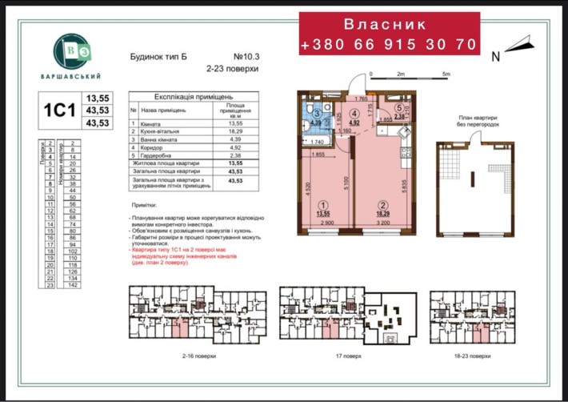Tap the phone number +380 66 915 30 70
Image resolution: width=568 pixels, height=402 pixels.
[x=389, y=45]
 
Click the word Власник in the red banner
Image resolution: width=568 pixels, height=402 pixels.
[x=389, y=25]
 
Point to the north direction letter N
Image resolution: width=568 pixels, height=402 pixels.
[x=495, y=57]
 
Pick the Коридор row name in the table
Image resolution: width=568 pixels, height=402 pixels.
[x=154, y=147]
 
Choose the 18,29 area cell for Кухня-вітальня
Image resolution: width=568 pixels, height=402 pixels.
[x=235, y=131]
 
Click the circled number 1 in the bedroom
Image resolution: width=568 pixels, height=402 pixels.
[x=322, y=203]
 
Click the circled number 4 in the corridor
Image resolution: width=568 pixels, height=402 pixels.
[x=354, y=113]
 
